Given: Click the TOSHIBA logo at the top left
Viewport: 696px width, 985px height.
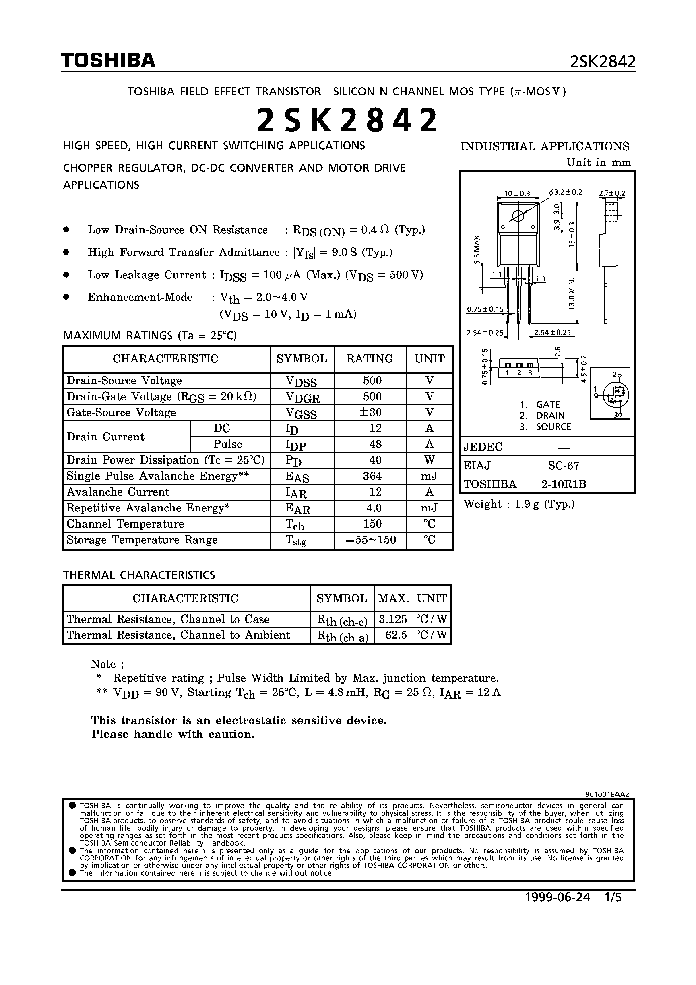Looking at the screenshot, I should click(x=108, y=61).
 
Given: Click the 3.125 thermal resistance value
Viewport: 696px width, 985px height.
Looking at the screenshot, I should click(x=393, y=619).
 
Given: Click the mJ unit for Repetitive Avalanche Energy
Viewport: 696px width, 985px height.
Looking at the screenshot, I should click(x=429, y=508).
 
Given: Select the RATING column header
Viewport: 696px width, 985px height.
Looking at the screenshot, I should click(x=370, y=359).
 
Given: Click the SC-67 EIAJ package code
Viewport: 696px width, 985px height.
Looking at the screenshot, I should click(x=563, y=466).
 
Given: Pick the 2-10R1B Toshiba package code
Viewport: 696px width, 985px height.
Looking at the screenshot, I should click(x=563, y=484).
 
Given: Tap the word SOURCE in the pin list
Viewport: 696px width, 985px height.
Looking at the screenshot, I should click(x=553, y=427).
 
